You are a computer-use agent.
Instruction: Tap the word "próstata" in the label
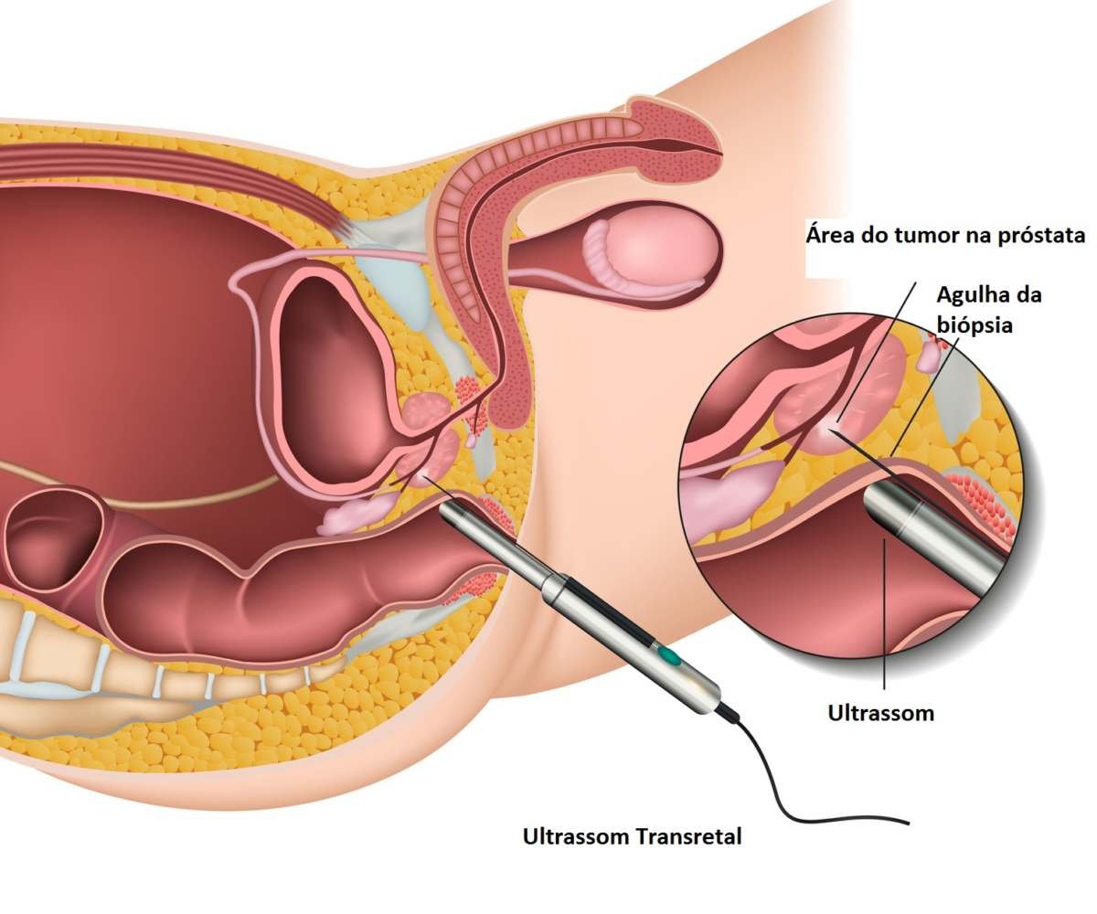click(1037, 235)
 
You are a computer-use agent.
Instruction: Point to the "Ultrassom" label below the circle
click(881, 713)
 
